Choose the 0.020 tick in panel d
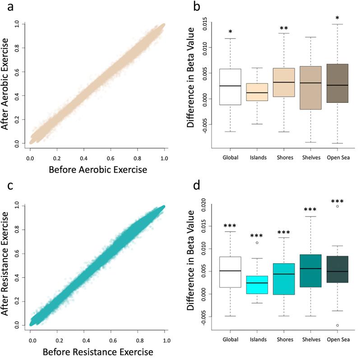point(207,205)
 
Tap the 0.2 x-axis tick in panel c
point(58,336)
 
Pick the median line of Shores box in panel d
point(284,274)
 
